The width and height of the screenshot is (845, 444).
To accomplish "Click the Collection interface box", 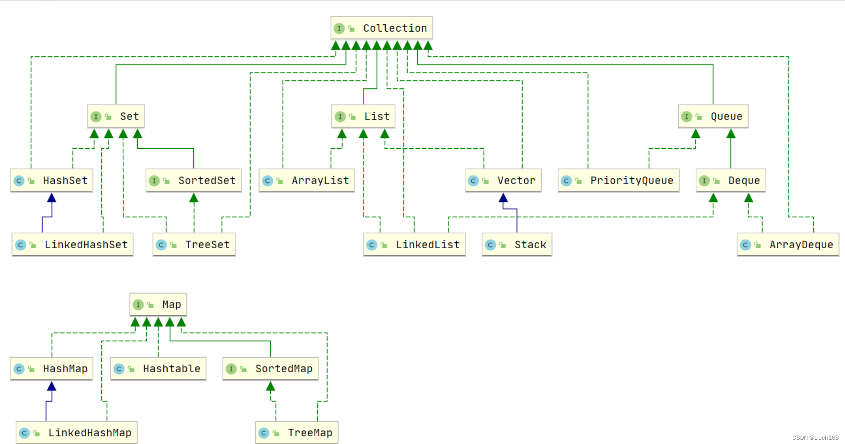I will tap(381, 28).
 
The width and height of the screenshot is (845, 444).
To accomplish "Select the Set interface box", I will tap(115, 116).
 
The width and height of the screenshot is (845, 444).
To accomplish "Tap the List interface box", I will tap(363, 116).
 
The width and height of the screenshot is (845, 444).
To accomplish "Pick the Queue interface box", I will tap(713, 116).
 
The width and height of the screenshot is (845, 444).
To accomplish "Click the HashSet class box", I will tap(51, 180).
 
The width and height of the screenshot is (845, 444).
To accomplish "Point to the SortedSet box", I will tap(193, 180).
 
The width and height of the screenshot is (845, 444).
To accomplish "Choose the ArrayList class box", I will tap(307, 180).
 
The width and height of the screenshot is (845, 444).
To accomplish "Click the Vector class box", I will tap(503, 180).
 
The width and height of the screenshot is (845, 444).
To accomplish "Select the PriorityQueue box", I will tap(618, 180).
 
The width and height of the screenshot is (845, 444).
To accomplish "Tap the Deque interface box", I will tap(730, 180).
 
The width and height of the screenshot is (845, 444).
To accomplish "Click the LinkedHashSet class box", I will tap(72, 244).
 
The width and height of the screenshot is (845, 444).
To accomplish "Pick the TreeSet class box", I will tap(194, 244).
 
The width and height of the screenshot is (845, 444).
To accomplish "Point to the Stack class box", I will tap(517, 244).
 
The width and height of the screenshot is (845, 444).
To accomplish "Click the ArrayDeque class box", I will tap(788, 244).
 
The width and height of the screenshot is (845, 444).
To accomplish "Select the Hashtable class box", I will tap(158, 368).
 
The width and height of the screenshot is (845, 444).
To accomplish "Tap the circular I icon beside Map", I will tap(138, 305).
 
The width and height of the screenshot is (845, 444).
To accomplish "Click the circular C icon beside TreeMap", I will tap(264, 433).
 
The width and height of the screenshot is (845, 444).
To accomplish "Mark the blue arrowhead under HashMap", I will tap(52, 386).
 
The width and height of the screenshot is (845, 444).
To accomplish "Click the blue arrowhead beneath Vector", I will tap(503, 198).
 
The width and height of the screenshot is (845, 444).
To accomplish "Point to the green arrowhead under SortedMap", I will tap(270, 386).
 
